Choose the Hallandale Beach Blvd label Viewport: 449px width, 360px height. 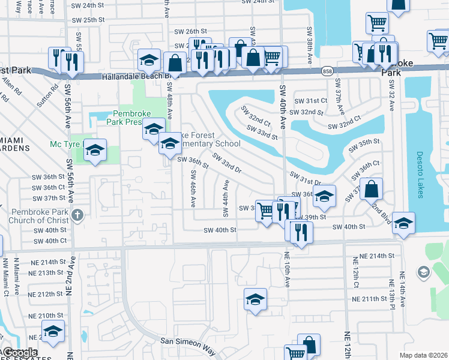click(x=132, y=77)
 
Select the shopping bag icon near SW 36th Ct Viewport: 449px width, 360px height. click(x=372, y=189)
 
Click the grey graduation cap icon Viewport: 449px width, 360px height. click(x=423, y=273)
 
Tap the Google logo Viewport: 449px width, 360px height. click(x=21, y=353)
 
